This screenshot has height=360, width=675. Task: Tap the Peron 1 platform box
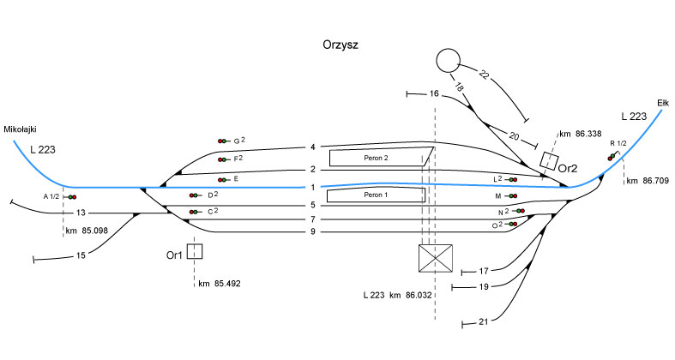(377, 195)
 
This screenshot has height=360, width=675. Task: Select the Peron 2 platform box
(379, 158)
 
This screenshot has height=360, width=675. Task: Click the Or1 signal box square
(195, 252)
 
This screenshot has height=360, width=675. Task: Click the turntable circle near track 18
(448, 61)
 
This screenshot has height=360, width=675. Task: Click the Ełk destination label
(662, 101)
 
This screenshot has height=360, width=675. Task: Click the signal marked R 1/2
(613, 155)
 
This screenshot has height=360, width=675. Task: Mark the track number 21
(483, 322)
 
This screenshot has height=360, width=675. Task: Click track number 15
(81, 255)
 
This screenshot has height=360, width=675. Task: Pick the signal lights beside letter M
(510, 195)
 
